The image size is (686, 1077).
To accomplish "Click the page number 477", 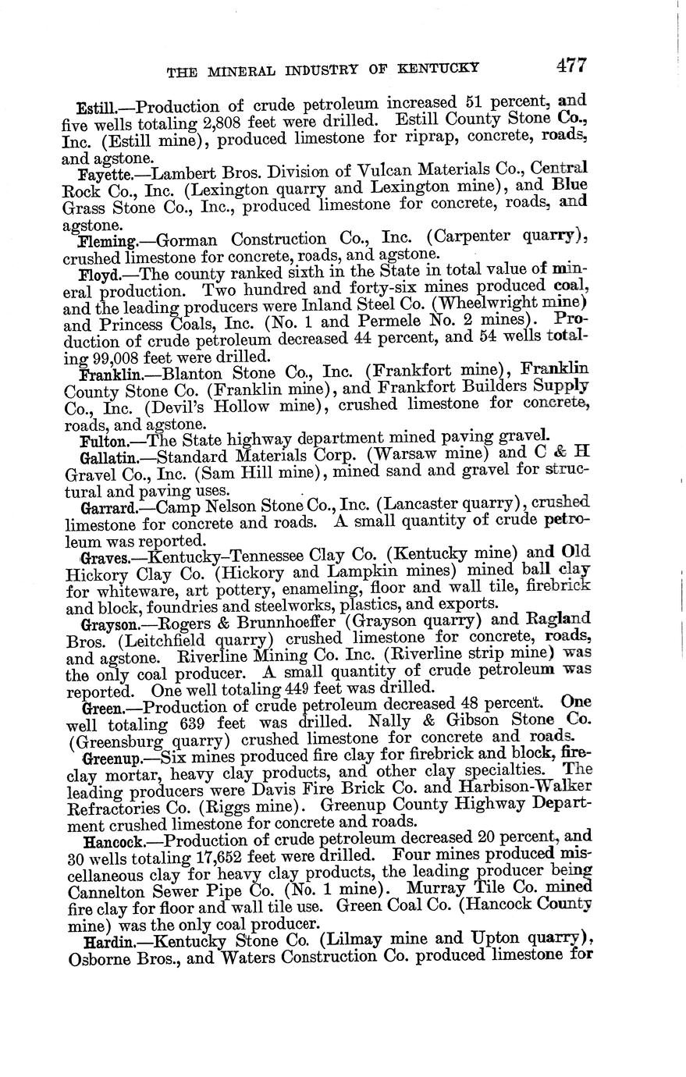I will click(x=571, y=66).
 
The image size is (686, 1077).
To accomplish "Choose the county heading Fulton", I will click(x=99, y=440).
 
